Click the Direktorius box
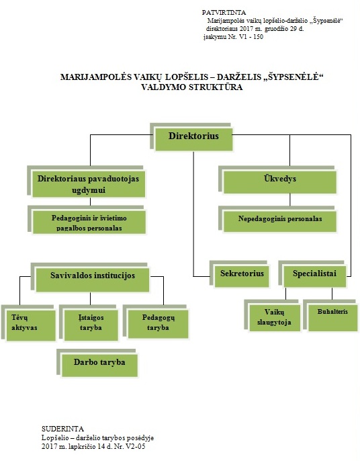point(193,139)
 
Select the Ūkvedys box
point(280,182)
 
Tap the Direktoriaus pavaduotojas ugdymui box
point(89,184)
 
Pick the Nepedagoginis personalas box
point(280,221)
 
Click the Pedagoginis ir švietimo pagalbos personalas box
point(89,222)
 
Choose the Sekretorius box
point(242,276)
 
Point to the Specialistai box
point(315,276)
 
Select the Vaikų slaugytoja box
point(275,318)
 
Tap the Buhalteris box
point(332,318)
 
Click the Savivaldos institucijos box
point(93,280)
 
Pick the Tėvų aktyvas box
point(31,325)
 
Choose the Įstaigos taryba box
point(91,325)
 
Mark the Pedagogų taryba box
point(158,324)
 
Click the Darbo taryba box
point(99,366)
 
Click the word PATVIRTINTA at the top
point(224,13)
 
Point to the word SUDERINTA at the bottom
point(62,429)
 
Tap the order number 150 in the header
point(259,37)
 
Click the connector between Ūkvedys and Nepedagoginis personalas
point(290,200)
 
